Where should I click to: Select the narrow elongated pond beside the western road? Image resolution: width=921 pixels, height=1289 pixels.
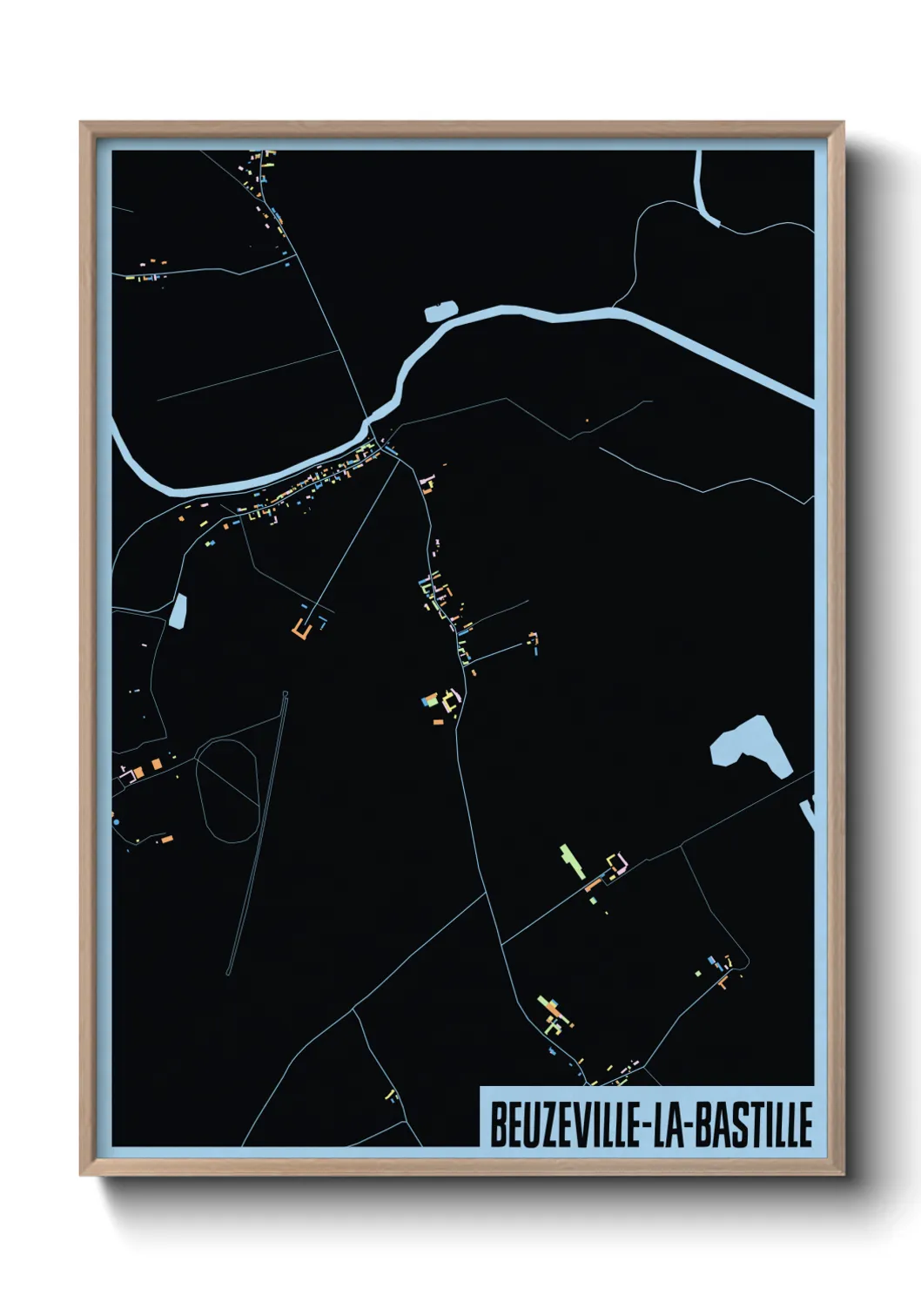pos(178,611)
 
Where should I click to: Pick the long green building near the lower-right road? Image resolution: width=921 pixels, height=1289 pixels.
pos(570,860)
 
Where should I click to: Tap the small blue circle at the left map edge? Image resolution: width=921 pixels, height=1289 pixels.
pos(116,821)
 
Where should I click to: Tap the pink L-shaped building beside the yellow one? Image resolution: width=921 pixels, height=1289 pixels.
pos(622,863)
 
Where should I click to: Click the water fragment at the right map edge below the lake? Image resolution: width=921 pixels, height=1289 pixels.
pos(809,814)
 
